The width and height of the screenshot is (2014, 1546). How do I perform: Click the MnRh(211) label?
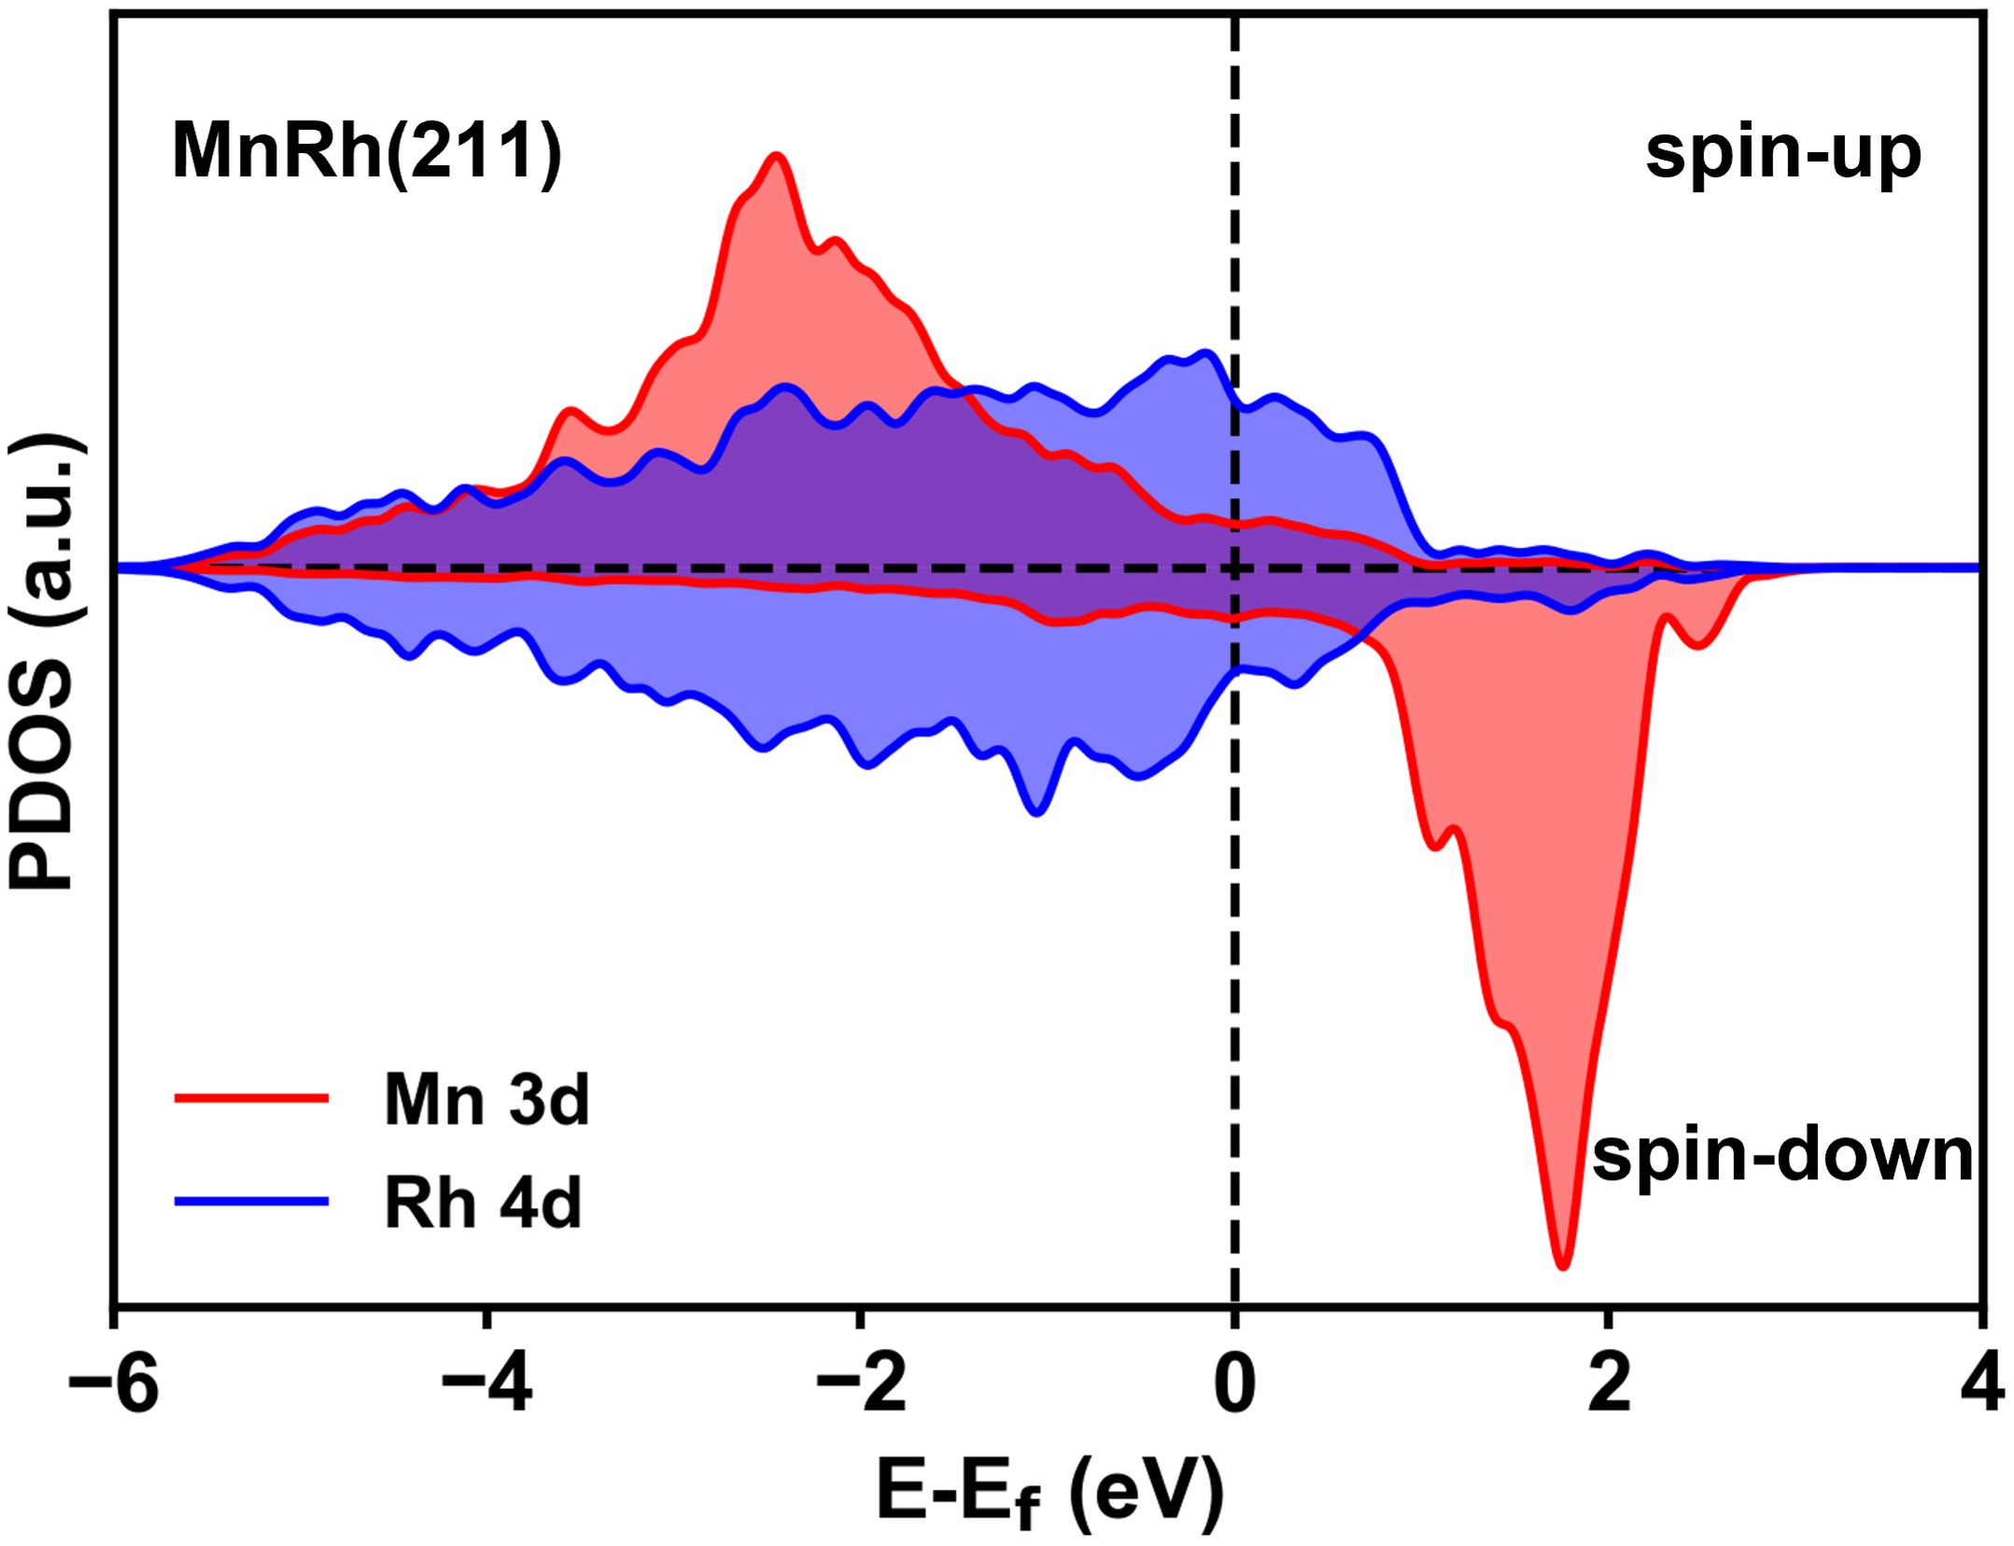click(367, 151)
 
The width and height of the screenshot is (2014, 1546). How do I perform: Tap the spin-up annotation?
click(1782, 151)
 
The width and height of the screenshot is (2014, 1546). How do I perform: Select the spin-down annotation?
click(1782, 1155)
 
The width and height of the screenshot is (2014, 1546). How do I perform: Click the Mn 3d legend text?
click(486, 1100)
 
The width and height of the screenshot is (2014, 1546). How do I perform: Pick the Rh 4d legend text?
click(483, 1202)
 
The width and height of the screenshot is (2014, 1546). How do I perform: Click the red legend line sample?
click(251, 1099)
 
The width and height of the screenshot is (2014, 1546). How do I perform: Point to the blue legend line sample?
click(251, 1202)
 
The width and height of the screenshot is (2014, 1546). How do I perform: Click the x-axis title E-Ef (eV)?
click(1049, 1492)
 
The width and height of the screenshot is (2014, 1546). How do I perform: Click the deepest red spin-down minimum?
click(1563, 1266)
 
